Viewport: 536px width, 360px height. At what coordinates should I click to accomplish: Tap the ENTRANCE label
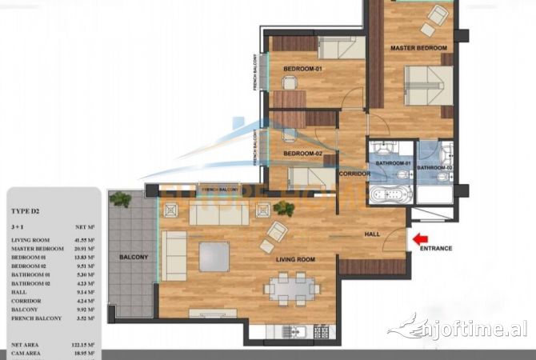(x=437, y=248)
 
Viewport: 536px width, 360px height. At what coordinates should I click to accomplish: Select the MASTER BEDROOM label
(x=418, y=49)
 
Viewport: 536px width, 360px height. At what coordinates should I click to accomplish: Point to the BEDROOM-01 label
(x=302, y=68)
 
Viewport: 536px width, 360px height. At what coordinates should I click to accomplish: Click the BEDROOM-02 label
(x=302, y=153)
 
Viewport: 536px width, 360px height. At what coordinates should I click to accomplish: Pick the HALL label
(x=373, y=234)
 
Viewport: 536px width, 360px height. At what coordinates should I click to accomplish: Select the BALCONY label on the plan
(x=132, y=257)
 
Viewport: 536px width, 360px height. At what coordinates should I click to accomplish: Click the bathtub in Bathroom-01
(x=389, y=194)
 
